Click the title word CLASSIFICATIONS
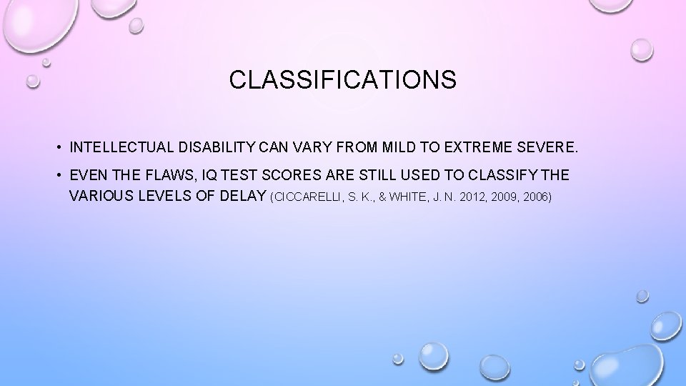342,80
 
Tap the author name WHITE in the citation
406,197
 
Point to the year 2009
502,197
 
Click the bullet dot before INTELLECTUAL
56,149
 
